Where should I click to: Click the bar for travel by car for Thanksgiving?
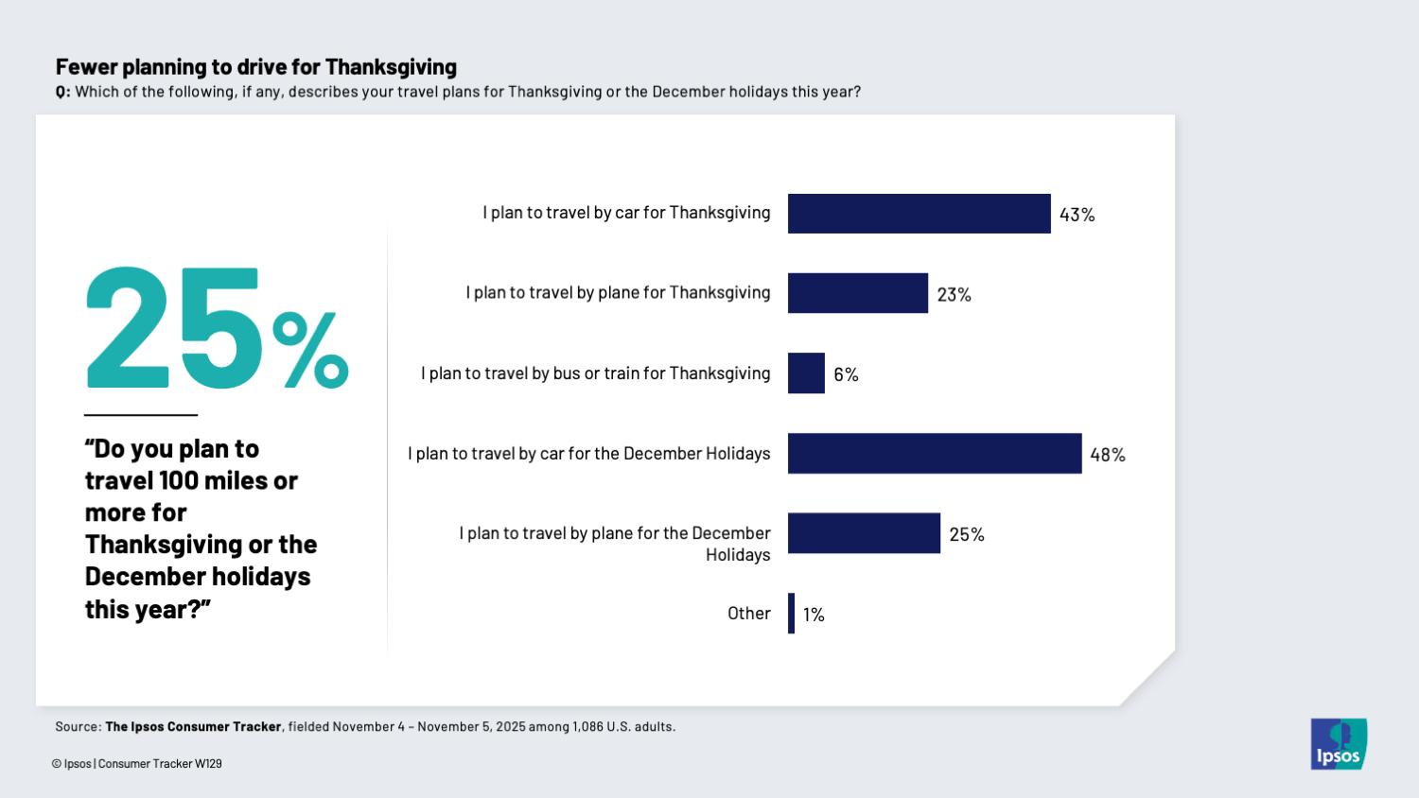coord(919,214)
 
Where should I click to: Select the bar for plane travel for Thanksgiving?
coord(857,293)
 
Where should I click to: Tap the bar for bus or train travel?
coord(806,373)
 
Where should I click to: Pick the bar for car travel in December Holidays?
coord(934,454)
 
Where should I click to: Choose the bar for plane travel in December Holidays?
coord(864,533)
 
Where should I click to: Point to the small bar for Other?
coord(792,614)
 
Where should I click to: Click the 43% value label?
coord(1077,215)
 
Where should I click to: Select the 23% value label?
coord(954,295)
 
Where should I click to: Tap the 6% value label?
coord(846,374)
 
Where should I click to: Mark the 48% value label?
coord(1107,455)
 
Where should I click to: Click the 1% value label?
coord(814,615)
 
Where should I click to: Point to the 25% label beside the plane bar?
coord(967,534)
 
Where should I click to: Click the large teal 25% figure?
coord(216,329)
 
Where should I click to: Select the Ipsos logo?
coord(1338,744)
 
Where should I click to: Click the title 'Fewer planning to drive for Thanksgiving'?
coord(256,67)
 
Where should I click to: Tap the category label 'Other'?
coord(748,614)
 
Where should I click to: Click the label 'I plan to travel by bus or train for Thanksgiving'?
coord(595,373)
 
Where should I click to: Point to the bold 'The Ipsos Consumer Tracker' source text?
coord(193,727)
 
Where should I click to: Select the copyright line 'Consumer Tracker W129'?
coord(160,764)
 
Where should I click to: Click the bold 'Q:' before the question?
coord(62,93)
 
